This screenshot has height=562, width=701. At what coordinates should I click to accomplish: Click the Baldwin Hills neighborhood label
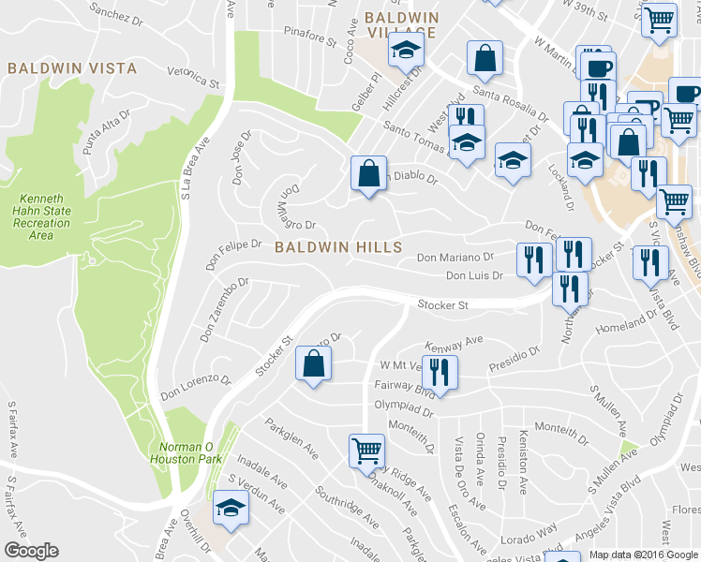[x=338, y=247]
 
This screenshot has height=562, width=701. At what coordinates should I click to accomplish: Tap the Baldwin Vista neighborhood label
[x=71, y=68]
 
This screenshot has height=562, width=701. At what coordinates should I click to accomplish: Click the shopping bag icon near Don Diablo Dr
[x=368, y=174]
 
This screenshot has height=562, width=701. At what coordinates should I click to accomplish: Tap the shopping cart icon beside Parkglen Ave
[x=366, y=451]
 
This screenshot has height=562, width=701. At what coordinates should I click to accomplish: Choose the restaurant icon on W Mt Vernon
[x=439, y=371]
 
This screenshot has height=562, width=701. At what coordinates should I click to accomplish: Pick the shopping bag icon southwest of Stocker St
[x=313, y=364]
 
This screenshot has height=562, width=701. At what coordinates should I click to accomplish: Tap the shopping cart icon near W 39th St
[x=661, y=20]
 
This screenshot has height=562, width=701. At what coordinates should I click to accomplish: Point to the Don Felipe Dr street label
[x=235, y=244]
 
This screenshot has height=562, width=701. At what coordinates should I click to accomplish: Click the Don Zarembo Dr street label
[x=223, y=308]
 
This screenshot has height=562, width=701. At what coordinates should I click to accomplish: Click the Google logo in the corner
[x=31, y=551]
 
